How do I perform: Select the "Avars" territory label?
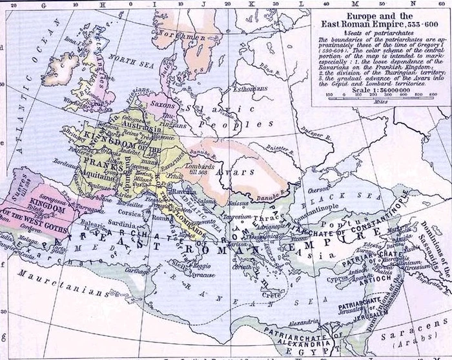click(240, 174)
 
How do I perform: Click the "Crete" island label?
click(270, 294)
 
